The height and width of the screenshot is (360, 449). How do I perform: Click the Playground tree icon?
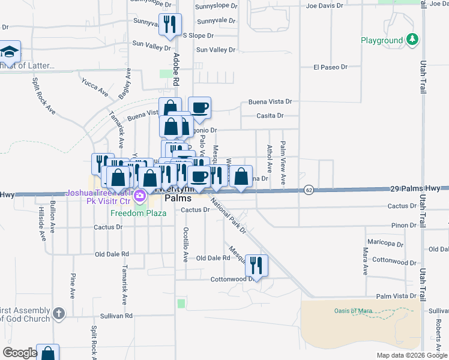pos(412,40)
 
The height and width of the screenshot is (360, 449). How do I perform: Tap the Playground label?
pos(382,41)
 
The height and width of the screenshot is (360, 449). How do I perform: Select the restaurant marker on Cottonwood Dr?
pos(256,265)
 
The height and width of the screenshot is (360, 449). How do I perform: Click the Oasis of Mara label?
pos(354,310)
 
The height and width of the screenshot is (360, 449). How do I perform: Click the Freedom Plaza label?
pos(137,212)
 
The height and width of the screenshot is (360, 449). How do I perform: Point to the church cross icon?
pos(58,313)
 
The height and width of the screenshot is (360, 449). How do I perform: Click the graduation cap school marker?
pos(9,52)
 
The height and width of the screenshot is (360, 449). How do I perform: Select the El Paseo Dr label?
pos(330,67)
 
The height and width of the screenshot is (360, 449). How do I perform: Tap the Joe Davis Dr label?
pos(324,6)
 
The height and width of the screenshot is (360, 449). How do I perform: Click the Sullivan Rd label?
pos(116,315)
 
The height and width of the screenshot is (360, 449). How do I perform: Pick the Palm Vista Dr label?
pos(396,296)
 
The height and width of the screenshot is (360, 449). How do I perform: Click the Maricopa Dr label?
pos(387,244)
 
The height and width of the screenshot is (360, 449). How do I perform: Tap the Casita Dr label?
pos(270,115)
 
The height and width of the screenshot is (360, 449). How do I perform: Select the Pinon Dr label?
pos(402,225)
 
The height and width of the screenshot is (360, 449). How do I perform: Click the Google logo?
pos(19,353)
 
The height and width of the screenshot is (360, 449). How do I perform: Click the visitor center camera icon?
pos(140,195)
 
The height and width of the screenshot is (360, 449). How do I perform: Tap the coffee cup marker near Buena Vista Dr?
pos(199,108)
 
